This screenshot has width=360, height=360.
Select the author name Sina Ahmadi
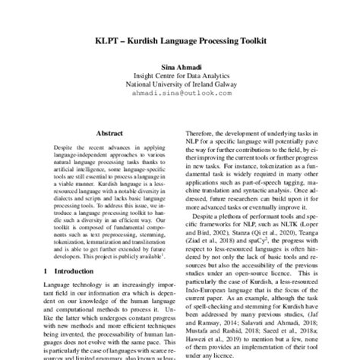pyautogui.click(x=180, y=68)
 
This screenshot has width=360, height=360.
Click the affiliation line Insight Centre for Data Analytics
pyautogui.click(x=180, y=77)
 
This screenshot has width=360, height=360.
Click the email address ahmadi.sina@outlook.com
pyautogui.click(x=180, y=96)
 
